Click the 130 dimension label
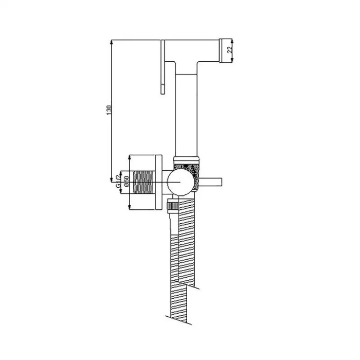click(109, 110)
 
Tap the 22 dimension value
click(229, 49)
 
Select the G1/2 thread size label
click(118, 182)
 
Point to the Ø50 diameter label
click(126, 182)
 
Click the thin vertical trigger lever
click(163, 67)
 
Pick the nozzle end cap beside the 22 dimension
click(225, 50)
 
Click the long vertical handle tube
click(186, 115)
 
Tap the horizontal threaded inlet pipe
click(143, 182)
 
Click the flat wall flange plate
click(158, 182)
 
